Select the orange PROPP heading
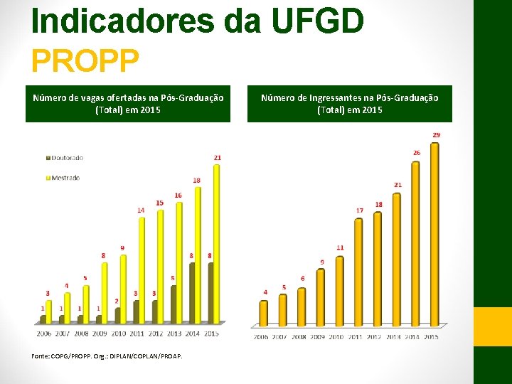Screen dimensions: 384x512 (x=85, y=61)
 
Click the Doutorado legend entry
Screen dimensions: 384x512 (x=65, y=157)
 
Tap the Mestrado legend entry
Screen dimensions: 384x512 (x=65, y=177)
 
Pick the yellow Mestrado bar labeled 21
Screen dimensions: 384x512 (x=216, y=242)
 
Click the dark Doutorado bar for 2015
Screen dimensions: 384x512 (x=210, y=292)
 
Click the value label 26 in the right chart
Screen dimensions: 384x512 (x=416, y=153)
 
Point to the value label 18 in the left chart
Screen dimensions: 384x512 (x=196, y=180)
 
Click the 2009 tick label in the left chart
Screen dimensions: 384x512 (x=99, y=333)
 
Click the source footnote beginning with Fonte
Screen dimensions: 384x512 (x=107, y=356)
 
